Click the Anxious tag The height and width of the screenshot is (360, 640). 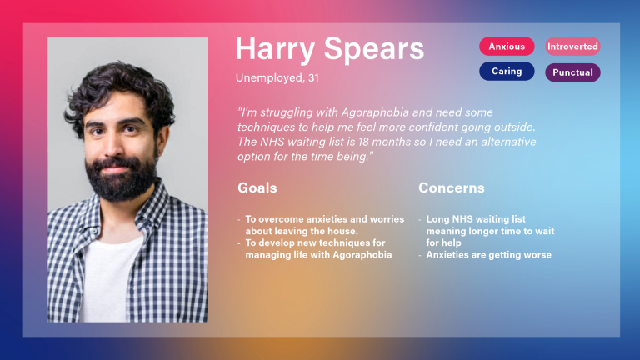coord(507,47)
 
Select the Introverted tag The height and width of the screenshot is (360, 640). coord(572,47)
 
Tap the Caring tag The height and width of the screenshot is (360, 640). coord(507,72)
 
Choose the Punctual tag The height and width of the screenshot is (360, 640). coord(572,72)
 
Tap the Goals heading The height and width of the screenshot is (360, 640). coord(257,188)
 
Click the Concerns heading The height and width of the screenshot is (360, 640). coord(451,188)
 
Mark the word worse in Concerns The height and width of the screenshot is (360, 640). coord(536,255)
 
